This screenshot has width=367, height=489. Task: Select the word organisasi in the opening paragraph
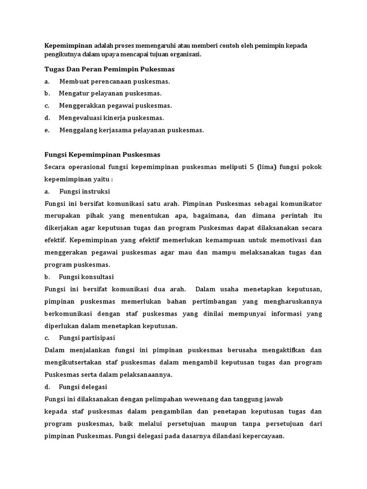coord(183,54)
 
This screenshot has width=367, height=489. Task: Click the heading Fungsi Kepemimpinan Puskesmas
coord(102,155)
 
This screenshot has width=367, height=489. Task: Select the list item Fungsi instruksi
coord(85,191)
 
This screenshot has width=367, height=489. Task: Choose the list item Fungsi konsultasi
coord(86,277)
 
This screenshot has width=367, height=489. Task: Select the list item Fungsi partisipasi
coord(86,338)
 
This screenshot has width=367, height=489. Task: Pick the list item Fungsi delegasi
coord(83,387)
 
